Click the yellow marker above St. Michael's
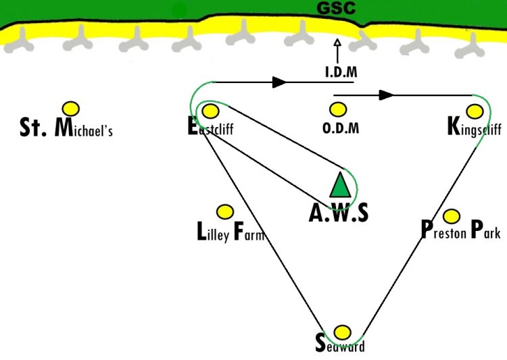tap(71, 109)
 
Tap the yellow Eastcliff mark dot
tap(210, 111)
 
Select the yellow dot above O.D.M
tap(338, 109)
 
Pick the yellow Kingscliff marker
tap(475, 111)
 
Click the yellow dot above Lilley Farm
tap(224, 212)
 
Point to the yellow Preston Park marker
tap(452, 216)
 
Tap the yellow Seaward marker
tap(342, 332)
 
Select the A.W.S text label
tap(339, 213)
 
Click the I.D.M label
tap(341, 72)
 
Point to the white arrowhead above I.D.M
tap(337, 43)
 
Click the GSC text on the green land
tap(336, 8)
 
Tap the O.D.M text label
tap(341, 128)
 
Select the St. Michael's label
tap(66, 128)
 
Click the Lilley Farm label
tap(231, 232)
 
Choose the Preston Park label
tap(461, 230)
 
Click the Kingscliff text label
tap(475, 128)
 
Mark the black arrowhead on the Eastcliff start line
tap(279, 82)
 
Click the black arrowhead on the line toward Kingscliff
tap(386, 95)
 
